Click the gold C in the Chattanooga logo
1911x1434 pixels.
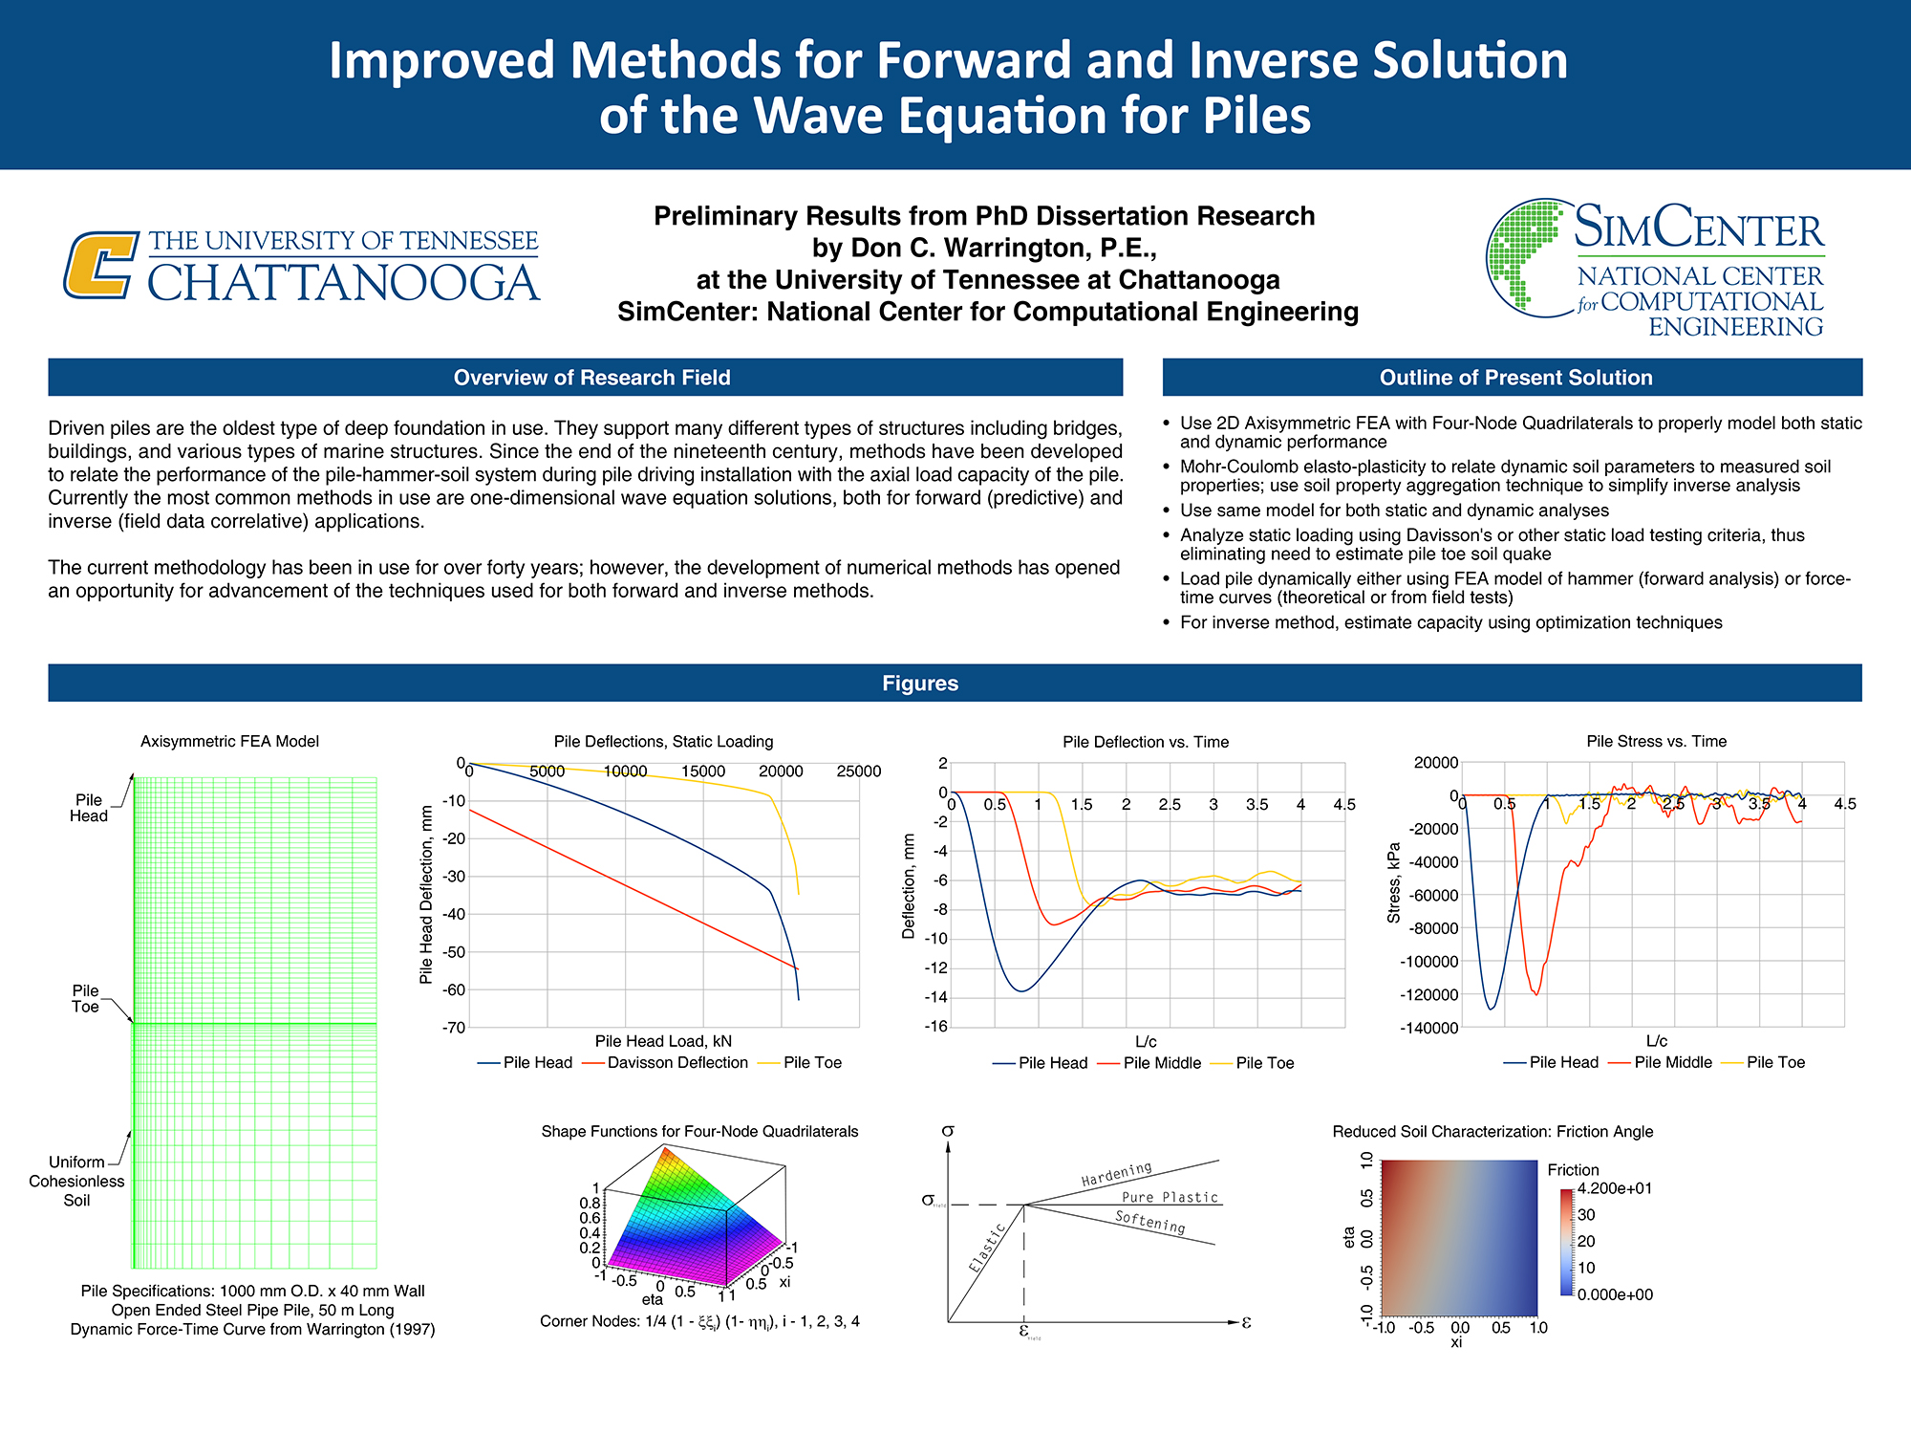[x=99, y=265]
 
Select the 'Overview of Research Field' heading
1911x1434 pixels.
[x=591, y=378]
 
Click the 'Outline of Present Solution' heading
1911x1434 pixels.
[x=1515, y=378]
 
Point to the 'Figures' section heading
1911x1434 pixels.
[x=920, y=684]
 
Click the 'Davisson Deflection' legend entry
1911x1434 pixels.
[x=677, y=1063]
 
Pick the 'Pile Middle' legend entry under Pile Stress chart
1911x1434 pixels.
[x=1672, y=1063]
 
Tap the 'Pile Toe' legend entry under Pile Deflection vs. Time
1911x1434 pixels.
[x=1264, y=1063]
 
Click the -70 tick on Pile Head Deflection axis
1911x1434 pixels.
[x=453, y=1028]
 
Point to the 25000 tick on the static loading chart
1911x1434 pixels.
[x=858, y=771]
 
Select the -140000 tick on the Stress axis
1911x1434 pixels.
[x=1428, y=1029]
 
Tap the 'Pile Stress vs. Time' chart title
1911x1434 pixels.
[x=1656, y=742]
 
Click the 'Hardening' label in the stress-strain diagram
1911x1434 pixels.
[x=1116, y=1174]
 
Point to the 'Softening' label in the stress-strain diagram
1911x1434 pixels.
[x=1149, y=1222]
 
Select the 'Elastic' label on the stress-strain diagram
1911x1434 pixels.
[x=987, y=1248]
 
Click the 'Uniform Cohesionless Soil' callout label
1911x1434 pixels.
[x=76, y=1182]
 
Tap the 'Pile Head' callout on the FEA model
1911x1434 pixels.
[x=88, y=808]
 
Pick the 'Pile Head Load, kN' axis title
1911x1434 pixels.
[x=663, y=1041]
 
